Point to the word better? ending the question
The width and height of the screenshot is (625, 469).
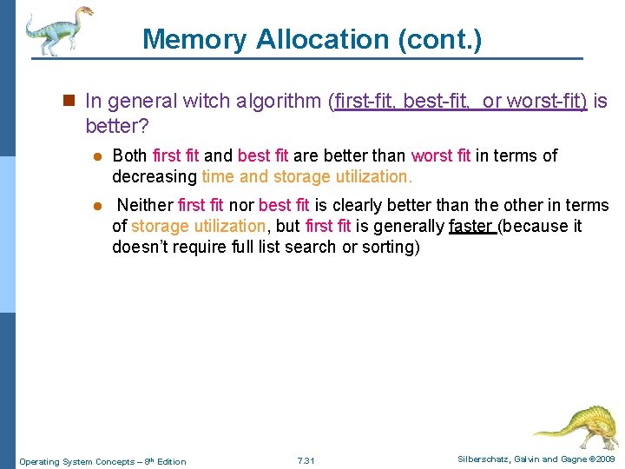point(117,127)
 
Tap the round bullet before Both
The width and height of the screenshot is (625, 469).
point(98,157)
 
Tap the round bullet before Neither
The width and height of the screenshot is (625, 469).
point(98,207)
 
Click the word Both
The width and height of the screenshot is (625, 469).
point(130,156)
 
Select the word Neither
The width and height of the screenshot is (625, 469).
point(145,206)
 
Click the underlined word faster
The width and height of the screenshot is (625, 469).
point(471,227)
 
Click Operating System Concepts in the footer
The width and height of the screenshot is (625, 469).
point(73,461)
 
